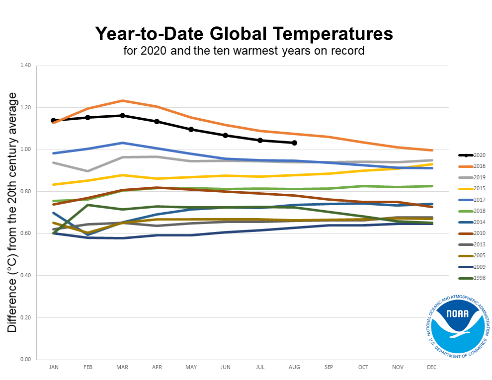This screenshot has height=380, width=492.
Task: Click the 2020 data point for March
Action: tap(122, 116)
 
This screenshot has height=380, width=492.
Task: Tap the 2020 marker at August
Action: tap(294, 143)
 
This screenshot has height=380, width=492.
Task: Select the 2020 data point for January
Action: tap(53, 121)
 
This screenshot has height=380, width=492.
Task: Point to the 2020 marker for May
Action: tap(191, 130)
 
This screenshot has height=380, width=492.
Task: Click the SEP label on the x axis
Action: tap(329, 367)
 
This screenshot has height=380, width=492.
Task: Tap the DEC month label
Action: tap(432, 367)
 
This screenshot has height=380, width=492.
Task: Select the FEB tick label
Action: tap(88, 367)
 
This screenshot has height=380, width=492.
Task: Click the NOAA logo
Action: tap(457, 326)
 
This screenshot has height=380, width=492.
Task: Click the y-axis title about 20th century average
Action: tap(12, 212)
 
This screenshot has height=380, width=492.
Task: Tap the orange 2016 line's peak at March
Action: tap(122, 101)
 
